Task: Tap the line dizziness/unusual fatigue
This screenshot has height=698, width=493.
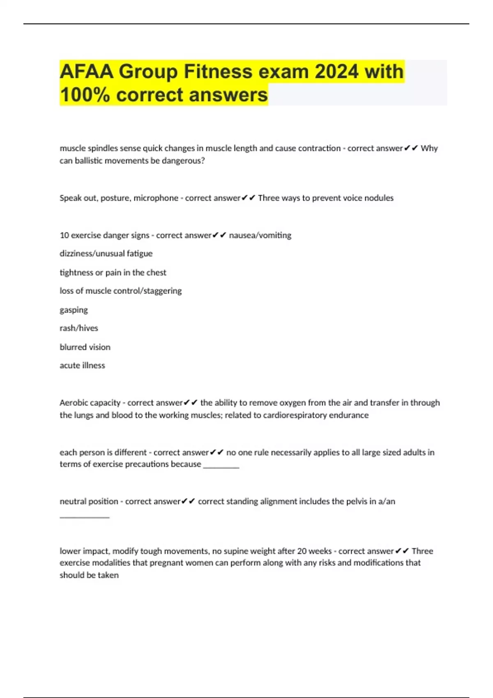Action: [106, 254]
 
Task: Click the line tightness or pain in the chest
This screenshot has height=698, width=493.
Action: [113, 273]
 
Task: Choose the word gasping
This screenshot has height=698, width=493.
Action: [74, 310]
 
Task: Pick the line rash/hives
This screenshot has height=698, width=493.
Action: [79, 328]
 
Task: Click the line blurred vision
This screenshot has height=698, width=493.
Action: [85, 347]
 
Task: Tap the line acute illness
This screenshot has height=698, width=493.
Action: [82, 365]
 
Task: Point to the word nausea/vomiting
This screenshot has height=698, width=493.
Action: [260, 235]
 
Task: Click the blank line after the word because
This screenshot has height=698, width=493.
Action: [221, 467]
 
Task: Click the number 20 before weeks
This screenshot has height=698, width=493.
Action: [302, 551]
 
